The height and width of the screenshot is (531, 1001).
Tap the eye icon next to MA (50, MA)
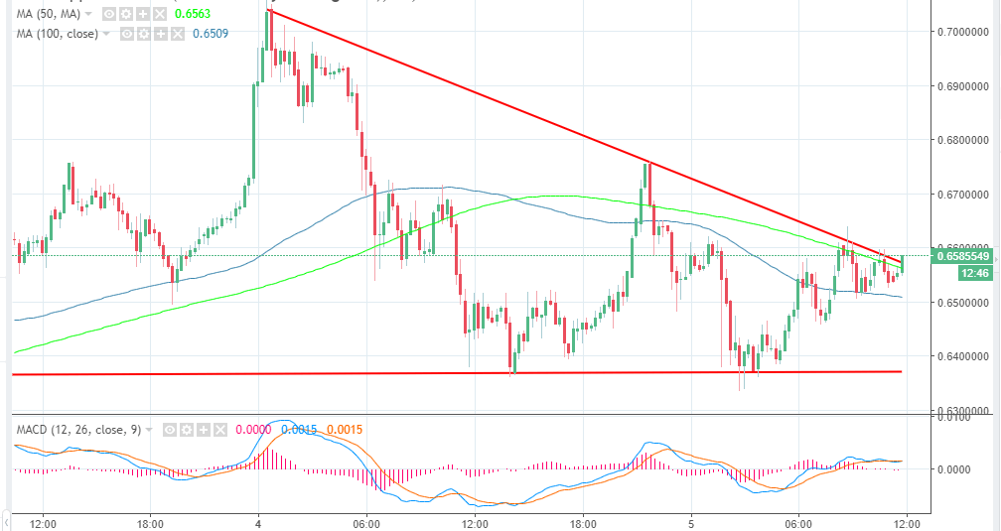click(110, 15)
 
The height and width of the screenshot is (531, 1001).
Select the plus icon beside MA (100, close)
click(160, 33)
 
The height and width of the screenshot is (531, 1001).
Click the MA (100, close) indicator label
click(57, 33)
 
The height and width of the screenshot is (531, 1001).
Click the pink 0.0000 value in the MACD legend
click(253, 430)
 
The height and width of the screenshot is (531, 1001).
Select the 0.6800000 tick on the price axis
click(963, 140)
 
